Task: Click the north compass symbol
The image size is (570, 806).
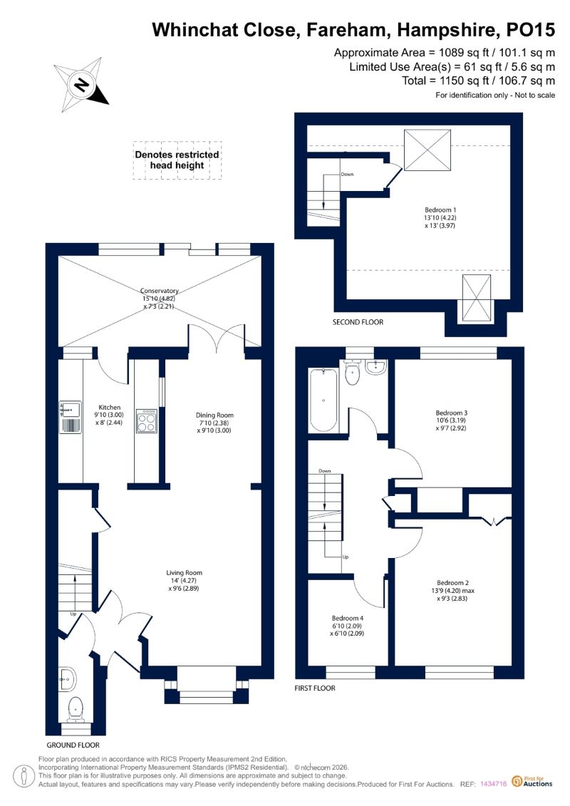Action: pos(81,85)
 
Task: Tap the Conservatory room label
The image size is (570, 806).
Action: pos(160,298)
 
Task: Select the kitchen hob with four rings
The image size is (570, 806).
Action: pos(147,421)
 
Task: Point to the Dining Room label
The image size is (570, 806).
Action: pos(214,423)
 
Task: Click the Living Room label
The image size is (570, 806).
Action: pos(184,580)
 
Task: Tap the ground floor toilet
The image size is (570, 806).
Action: pos(76,710)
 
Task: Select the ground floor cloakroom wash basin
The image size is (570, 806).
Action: pos(67,679)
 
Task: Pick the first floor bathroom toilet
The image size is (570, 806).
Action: pos(353,373)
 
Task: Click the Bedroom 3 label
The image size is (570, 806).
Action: pos(451,420)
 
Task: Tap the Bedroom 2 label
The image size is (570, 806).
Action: pos(452,591)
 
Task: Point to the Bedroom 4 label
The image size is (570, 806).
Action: pos(348,626)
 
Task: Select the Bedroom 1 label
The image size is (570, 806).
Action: pos(440,217)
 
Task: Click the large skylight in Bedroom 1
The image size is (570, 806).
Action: pos(427,150)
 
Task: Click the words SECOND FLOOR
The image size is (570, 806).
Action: pos(358,322)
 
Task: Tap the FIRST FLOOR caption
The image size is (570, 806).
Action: pos(314,688)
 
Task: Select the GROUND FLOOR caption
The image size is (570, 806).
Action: pos(73,745)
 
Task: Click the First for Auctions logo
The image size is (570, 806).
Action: pos(532,782)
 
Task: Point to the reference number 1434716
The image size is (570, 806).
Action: pos(494,785)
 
